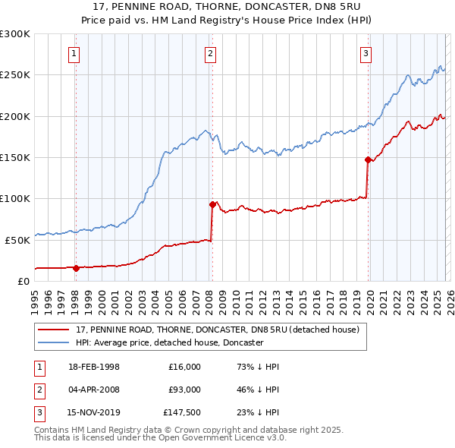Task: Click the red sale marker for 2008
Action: pyautogui.click(x=212, y=204)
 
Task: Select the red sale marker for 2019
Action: pyautogui.click(x=368, y=159)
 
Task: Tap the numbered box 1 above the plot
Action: pyautogui.click(x=74, y=53)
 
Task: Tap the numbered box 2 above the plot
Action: pyautogui.click(x=210, y=53)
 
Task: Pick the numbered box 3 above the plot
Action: pyautogui.click(x=366, y=53)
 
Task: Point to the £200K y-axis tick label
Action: pyautogui.click(x=15, y=116)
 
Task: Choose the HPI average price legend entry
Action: pyautogui.click(x=168, y=342)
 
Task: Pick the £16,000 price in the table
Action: pyautogui.click(x=185, y=367)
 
